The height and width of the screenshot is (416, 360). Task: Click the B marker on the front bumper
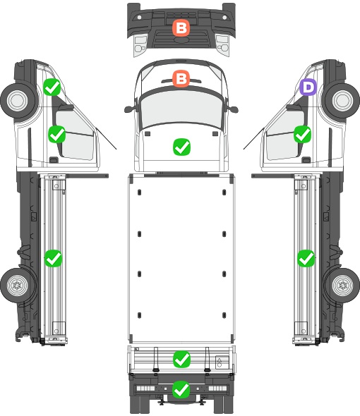click(x=181, y=27)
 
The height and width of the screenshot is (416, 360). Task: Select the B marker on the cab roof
click(x=181, y=78)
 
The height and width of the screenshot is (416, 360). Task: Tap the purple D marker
click(x=308, y=87)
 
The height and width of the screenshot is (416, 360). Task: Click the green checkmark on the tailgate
click(x=181, y=359)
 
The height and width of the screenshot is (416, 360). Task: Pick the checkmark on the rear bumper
click(x=181, y=389)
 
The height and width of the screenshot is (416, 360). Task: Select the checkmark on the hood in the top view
click(x=181, y=147)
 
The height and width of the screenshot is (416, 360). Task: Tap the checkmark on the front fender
click(x=52, y=87)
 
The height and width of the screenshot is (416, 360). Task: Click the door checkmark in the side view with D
click(x=303, y=134)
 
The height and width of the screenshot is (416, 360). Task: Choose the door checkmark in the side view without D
click(x=57, y=134)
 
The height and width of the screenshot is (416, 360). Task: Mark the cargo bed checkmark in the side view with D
click(x=306, y=258)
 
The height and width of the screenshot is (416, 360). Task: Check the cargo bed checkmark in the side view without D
click(x=53, y=258)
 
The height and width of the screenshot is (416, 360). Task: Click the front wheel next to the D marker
click(x=342, y=100)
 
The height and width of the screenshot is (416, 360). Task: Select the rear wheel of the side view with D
click(x=342, y=285)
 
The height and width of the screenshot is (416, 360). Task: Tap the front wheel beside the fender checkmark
click(x=18, y=100)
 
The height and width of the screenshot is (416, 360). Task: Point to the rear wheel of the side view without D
click(x=17, y=285)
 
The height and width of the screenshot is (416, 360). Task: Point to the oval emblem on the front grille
click(x=181, y=40)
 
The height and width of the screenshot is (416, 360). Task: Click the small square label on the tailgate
click(x=222, y=362)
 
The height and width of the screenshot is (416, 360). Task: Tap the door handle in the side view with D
click(x=306, y=160)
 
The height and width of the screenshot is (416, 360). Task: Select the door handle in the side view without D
click(x=54, y=160)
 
